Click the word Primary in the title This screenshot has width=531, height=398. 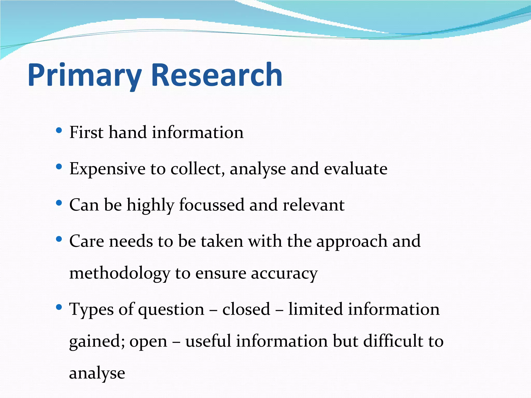85,76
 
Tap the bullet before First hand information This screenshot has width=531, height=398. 59,130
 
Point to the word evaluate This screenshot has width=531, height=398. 355,169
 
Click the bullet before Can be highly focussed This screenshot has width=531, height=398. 59,203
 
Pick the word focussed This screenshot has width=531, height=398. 212,205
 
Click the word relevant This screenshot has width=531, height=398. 313,205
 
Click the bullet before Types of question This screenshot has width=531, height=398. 59,307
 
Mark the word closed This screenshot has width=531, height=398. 246,309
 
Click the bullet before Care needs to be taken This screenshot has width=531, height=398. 59,239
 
